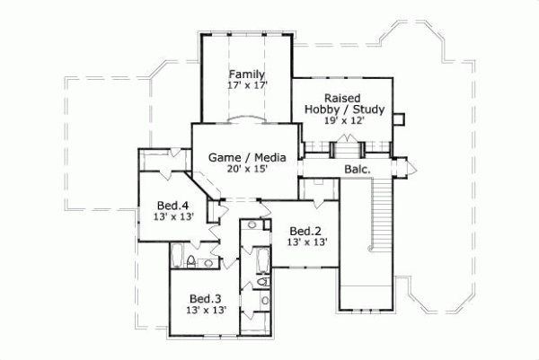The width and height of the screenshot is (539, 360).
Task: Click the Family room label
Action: (x=245, y=74)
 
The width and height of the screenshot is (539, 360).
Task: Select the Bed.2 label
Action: (x=305, y=229)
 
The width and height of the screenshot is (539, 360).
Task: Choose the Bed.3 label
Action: (x=205, y=298)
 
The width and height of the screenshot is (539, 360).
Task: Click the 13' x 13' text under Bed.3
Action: (x=205, y=310)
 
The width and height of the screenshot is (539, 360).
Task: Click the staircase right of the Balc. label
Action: (x=381, y=211)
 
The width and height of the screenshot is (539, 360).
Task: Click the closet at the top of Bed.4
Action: (x=162, y=160)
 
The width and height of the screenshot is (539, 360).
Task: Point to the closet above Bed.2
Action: (x=318, y=189)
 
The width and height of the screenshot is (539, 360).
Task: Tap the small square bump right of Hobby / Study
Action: (x=401, y=118)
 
